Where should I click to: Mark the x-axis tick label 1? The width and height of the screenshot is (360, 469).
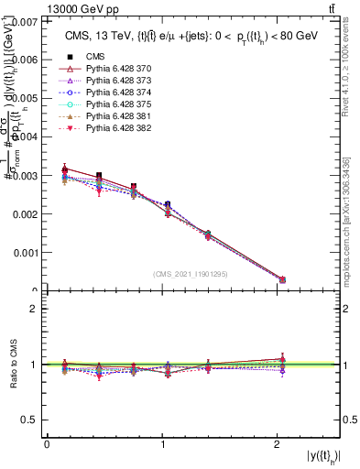[x=163, y=444]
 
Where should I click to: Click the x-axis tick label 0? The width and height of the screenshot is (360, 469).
[x=47, y=444]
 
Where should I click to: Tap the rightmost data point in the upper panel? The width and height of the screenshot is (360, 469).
[x=282, y=279]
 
